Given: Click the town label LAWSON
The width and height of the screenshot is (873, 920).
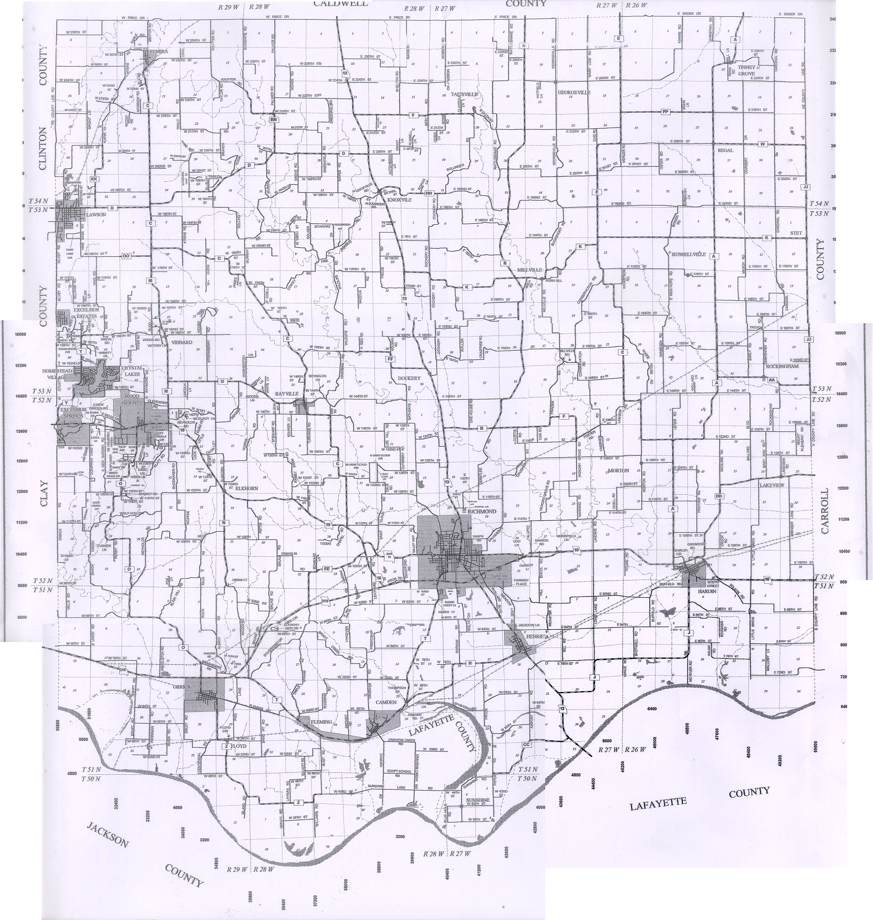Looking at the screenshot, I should coord(96,215).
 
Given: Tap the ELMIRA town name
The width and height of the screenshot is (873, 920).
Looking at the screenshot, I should coord(152,51).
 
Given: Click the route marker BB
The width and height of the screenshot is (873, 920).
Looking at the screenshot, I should coord(274,119).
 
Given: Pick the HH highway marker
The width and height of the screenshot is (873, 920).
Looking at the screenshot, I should coord(429,193).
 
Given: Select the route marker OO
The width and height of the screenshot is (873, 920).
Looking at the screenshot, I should coord(126,257).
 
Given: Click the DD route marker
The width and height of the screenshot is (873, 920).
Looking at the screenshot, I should coord(718,496).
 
